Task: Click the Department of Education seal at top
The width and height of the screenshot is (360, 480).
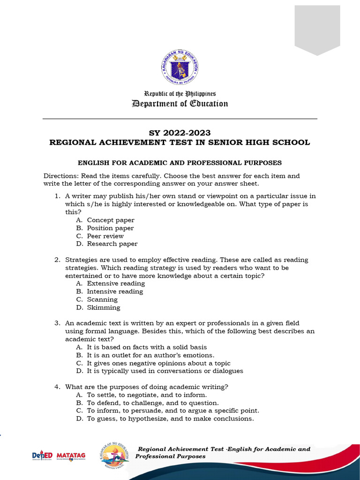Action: tap(180, 69)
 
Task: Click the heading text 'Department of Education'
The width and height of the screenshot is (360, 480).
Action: tap(180, 104)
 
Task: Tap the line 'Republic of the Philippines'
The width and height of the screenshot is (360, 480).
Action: tap(180, 94)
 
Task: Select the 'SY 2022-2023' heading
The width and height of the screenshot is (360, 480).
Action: tap(180, 133)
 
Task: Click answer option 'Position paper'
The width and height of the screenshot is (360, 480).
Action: tap(110, 228)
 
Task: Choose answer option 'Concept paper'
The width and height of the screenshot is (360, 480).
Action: tap(111, 220)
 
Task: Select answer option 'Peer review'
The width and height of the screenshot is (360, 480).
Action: tap(105, 236)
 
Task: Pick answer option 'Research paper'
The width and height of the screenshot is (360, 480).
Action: tap(112, 244)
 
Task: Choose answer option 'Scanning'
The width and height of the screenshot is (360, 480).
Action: tap(102, 300)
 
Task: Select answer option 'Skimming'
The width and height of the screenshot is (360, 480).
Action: tap(104, 307)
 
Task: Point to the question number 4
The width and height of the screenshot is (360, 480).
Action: tap(57, 387)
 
